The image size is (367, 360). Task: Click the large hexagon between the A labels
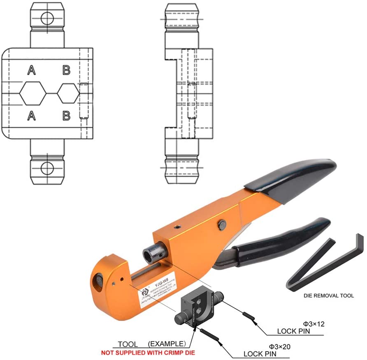32,93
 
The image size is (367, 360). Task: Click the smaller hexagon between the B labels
68,93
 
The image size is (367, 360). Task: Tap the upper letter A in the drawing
31,71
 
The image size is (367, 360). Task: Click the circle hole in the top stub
47,18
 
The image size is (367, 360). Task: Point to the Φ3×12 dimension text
314,324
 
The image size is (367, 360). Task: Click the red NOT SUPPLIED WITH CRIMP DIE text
153,353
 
